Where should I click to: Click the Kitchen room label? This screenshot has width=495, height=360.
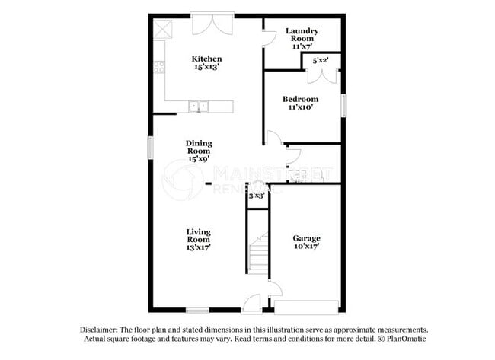click(206, 62)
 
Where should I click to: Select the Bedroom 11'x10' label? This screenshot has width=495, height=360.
click(301, 103)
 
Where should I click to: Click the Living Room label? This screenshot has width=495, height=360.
click(199, 239)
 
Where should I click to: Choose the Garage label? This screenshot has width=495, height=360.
click(307, 242)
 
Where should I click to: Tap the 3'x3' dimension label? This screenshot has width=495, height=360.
click(257, 196)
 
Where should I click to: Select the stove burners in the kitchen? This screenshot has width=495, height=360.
click(159, 66)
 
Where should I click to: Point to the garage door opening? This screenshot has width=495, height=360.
click(307, 307)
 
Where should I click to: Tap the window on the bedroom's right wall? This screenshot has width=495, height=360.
click(343, 104)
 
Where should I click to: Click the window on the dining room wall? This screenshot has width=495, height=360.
click(149, 148)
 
